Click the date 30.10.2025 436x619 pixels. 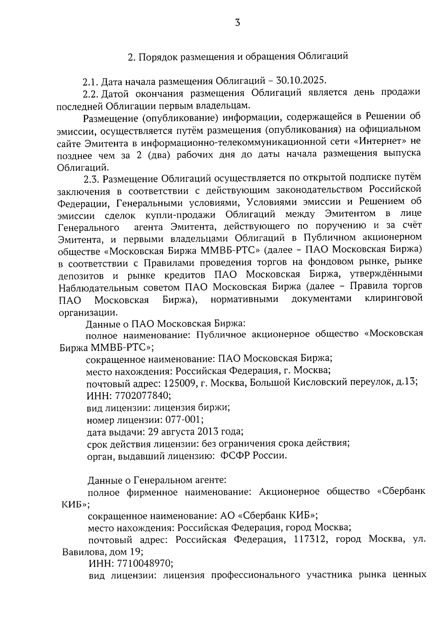[x=301, y=80]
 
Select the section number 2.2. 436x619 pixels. [x=90, y=94]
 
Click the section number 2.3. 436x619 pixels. [x=91, y=179]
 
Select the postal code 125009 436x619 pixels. [x=178, y=383]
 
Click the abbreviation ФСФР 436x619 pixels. [x=235, y=456]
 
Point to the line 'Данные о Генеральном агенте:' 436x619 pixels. [x=157, y=480]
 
